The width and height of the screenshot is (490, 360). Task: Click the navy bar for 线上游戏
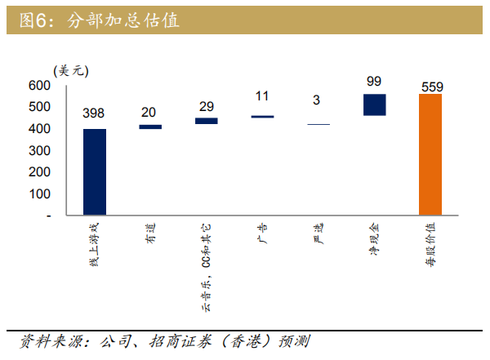pyautogui.click(x=95, y=171)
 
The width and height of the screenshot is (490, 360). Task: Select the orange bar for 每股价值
pyautogui.click(x=430, y=154)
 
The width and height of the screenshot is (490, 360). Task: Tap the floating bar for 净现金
pyautogui.click(x=374, y=104)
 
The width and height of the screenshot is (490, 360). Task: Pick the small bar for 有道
pyautogui.click(x=150, y=127)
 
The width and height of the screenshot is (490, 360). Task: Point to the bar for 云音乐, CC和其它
pyautogui.click(x=206, y=121)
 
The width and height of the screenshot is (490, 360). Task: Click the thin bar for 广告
pyautogui.click(x=262, y=117)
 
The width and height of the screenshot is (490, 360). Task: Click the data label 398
pyautogui.click(x=95, y=113)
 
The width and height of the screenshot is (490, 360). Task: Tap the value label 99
pyautogui.click(x=374, y=81)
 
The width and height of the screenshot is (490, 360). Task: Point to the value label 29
pyautogui.click(x=206, y=107)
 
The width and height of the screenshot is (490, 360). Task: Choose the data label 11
pyautogui.click(x=262, y=96)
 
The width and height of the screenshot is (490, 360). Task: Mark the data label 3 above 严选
pyautogui.click(x=317, y=100)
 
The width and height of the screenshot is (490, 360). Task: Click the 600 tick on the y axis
pyautogui.click(x=39, y=86)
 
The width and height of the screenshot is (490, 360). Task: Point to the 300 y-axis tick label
pyautogui.click(x=39, y=151)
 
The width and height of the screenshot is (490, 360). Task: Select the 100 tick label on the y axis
pyautogui.click(x=39, y=194)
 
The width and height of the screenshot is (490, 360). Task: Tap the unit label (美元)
pyautogui.click(x=69, y=71)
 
